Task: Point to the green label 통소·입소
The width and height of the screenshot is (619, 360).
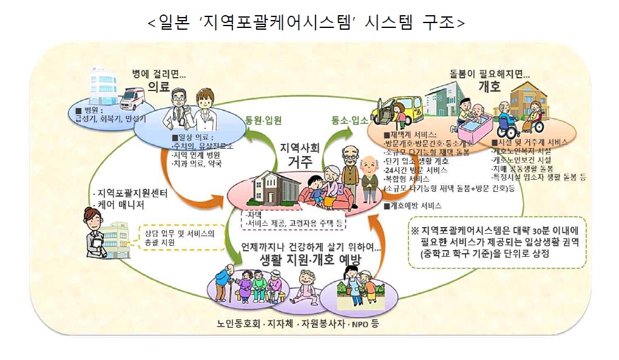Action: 350,120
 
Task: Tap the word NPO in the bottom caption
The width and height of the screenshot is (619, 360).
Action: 358,323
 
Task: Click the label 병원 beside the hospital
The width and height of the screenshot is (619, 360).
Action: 95,110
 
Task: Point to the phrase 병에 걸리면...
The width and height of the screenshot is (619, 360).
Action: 159,73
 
